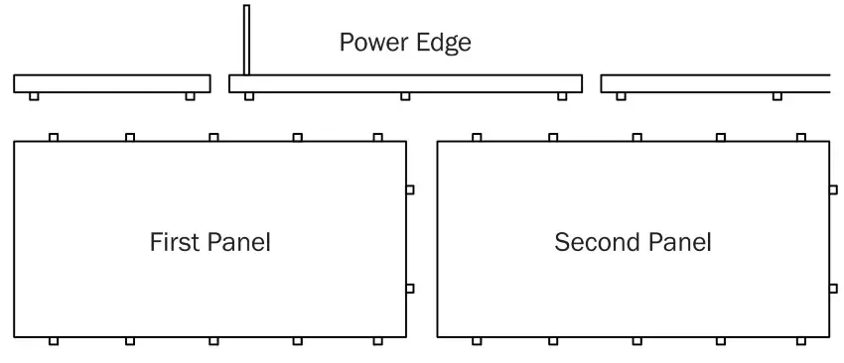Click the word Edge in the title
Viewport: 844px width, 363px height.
pyautogui.click(x=444, y=44)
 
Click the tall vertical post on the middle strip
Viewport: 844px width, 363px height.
pyautogui.click(x=246, y=40)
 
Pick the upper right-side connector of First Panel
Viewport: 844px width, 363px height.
pyautogui.click(x=410, y=189)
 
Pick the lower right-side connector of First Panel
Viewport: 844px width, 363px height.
pyautogui.click(x=410, y=289)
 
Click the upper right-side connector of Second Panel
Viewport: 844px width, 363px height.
pyautogui.click(x=833, y=189)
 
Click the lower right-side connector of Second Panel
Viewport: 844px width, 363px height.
pyautogui.click(x=833, y=289)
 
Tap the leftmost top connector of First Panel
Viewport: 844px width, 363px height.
pyautogui.click(x=54, y=137)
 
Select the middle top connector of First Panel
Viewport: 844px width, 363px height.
pyautogui.click(x=213, y=137)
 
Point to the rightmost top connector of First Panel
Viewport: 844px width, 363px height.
pyautogui.click(x=377, y=137)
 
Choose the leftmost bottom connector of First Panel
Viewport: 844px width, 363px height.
pyautogui.click(x=54, y=341)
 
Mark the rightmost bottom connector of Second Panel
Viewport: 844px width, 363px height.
pyautogui.click(x=800, y=341)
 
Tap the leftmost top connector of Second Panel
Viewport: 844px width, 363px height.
pyautogui.click(x=477, y=137)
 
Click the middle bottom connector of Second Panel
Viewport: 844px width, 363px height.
pyautogui.click(x=636, y=341)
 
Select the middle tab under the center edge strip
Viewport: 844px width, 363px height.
pyautogui.click(x=405, y=96)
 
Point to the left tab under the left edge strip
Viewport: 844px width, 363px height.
pyautogui.click(x=34, y=96)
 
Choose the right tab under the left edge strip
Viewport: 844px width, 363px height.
pyautogui.click(x=190, y=96)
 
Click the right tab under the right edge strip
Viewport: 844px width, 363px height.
pyautogui.click(x=776, y=96)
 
